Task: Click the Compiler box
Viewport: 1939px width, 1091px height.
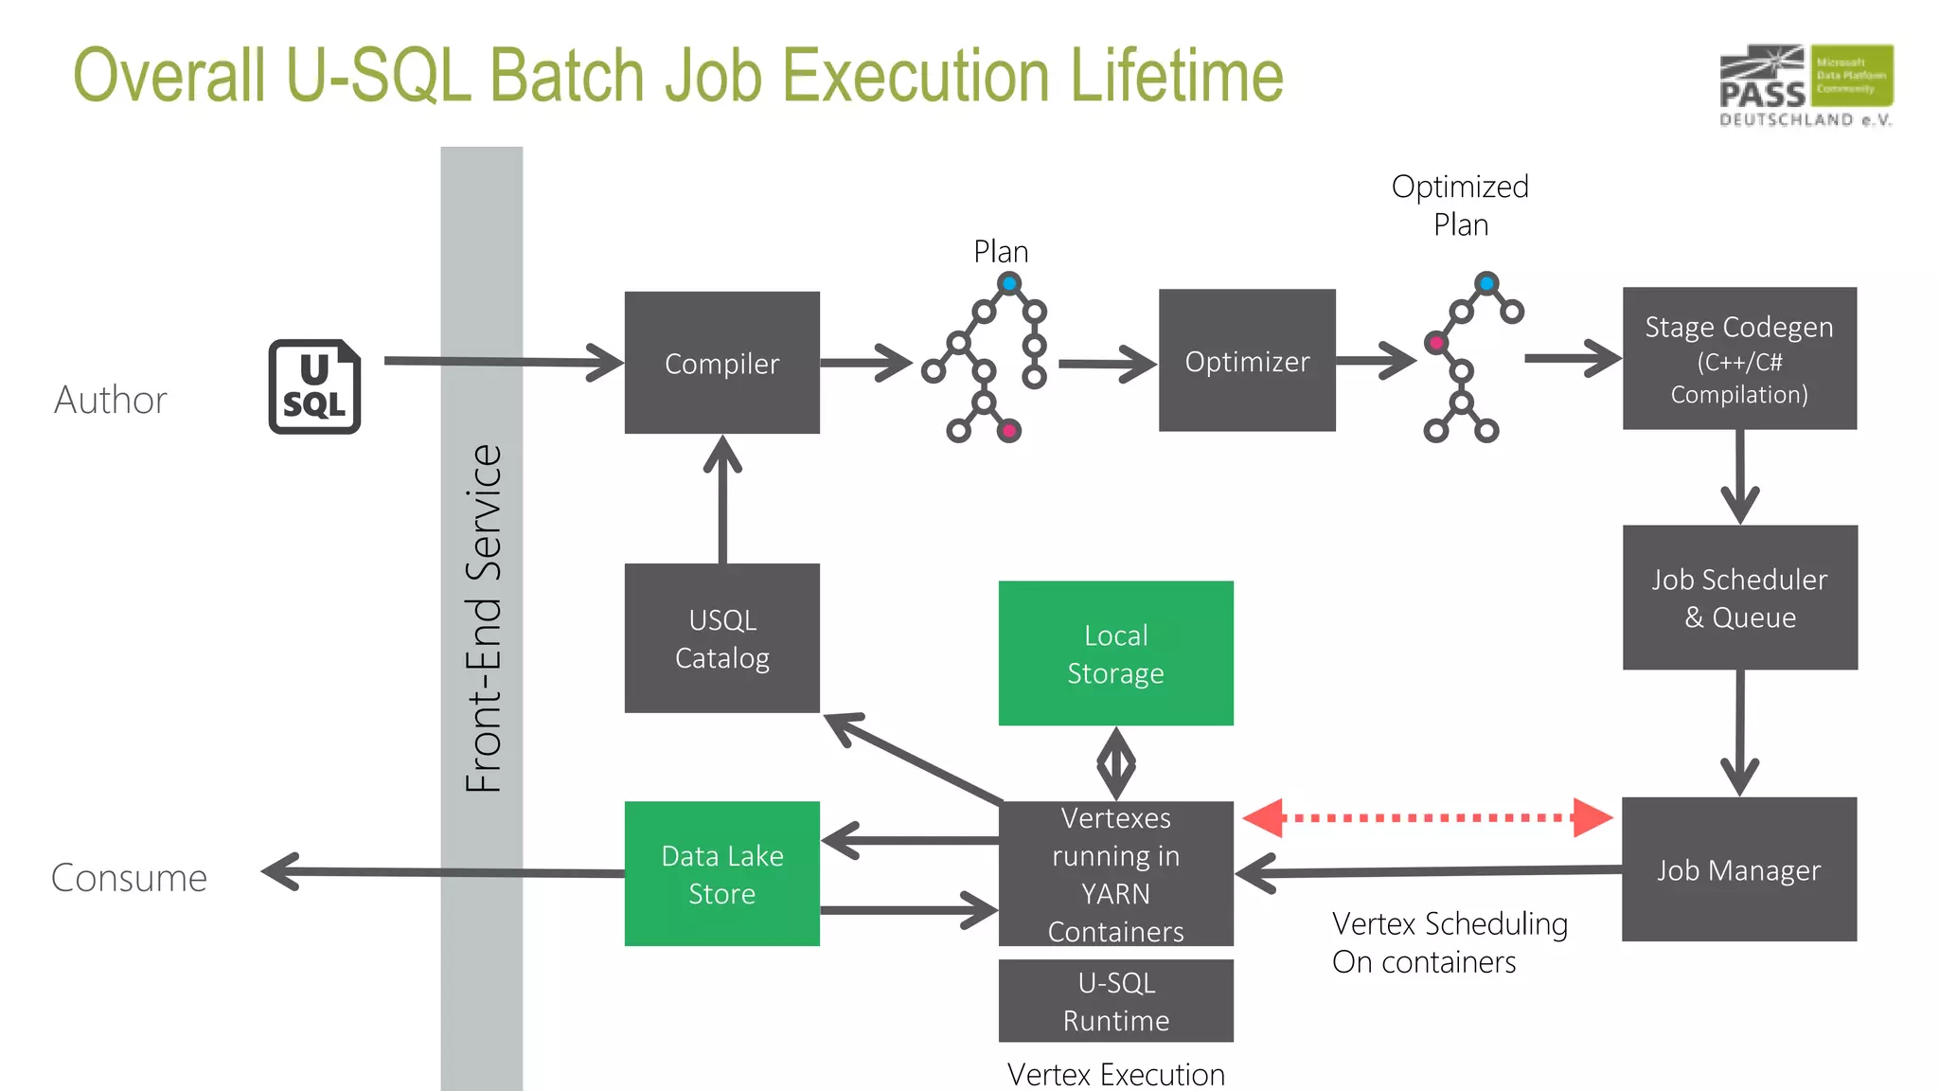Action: click(x=721, y=363)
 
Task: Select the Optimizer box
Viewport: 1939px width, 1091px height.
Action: click(x=1247, y=361)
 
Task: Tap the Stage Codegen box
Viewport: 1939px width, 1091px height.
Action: click(x=1739, y=359)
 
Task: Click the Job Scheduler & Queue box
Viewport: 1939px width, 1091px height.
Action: click(x=1739, y=598)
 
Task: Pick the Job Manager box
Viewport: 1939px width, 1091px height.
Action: click(x=1739, y=869)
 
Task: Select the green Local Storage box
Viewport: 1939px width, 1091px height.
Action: click(x=1115, y=653)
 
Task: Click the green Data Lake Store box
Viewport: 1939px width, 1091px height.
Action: click(x=721, y=874)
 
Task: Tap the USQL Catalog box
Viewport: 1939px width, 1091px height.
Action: click(x=721, y=638)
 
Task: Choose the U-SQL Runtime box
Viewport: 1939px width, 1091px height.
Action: click(x=1115, y=1001)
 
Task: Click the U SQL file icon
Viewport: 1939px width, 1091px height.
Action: click(x=314, y=386)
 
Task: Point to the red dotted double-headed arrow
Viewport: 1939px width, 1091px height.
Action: click(x=1428, y=817)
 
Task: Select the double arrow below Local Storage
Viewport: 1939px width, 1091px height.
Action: click(x=1115, y=763)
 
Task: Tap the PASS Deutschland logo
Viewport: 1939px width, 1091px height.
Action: click(x=1806, y=85)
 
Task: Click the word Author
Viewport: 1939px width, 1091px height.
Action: click(x=111, y=400)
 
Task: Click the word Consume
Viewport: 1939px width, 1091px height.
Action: click(x=129, y=878)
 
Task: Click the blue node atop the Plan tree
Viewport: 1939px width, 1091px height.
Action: click(x=1009, y=283)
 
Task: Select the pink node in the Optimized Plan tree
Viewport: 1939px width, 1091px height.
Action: click(x=1436, y=343)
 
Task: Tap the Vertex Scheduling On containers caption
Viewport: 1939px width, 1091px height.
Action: click(x=1449, y=942)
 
